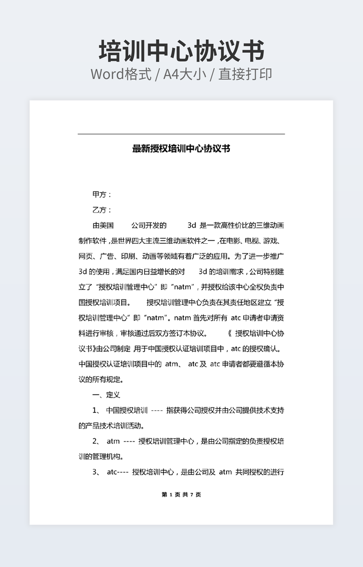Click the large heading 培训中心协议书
tap(181, 51)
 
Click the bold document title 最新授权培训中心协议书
tap(181, 148)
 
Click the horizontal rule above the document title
tap(181, 134)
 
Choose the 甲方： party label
tap(102, 194)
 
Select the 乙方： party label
tap(102, 210)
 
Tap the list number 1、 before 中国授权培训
tap(97, 411)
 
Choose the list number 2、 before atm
tap(97, 441)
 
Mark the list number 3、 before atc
tap(97, 473)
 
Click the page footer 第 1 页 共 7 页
tap(181, 495)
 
